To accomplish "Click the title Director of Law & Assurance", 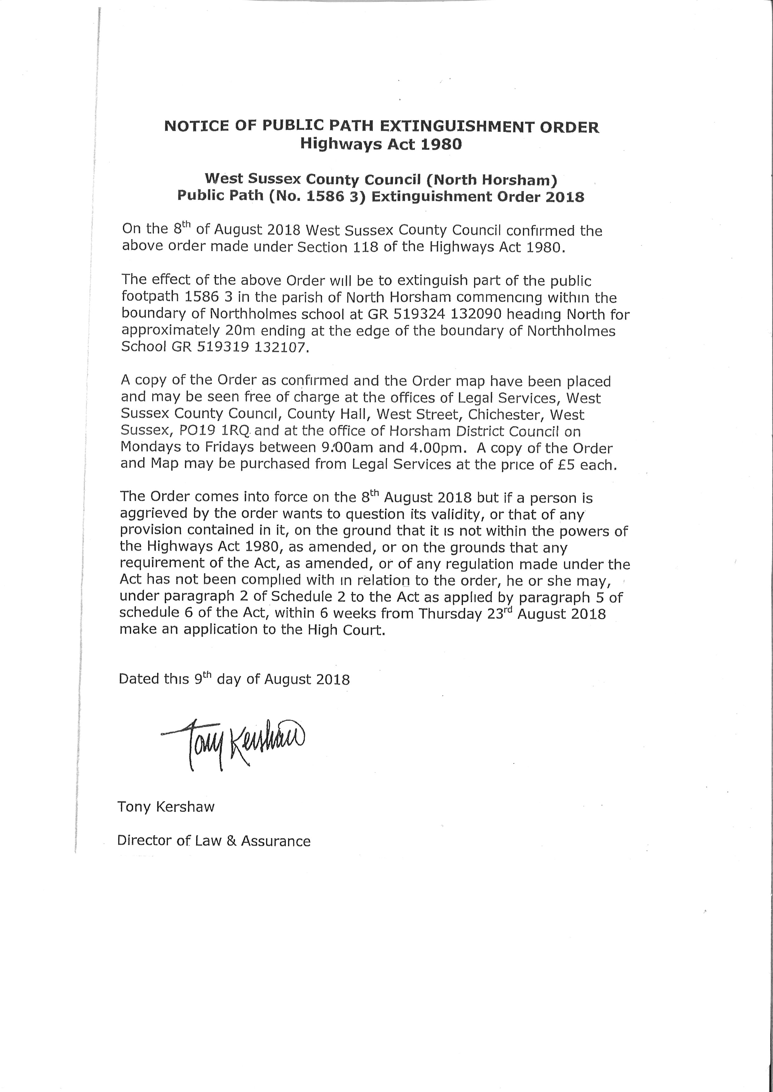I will click(x=214, y=841).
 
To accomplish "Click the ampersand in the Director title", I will click(x=231, y=841).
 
